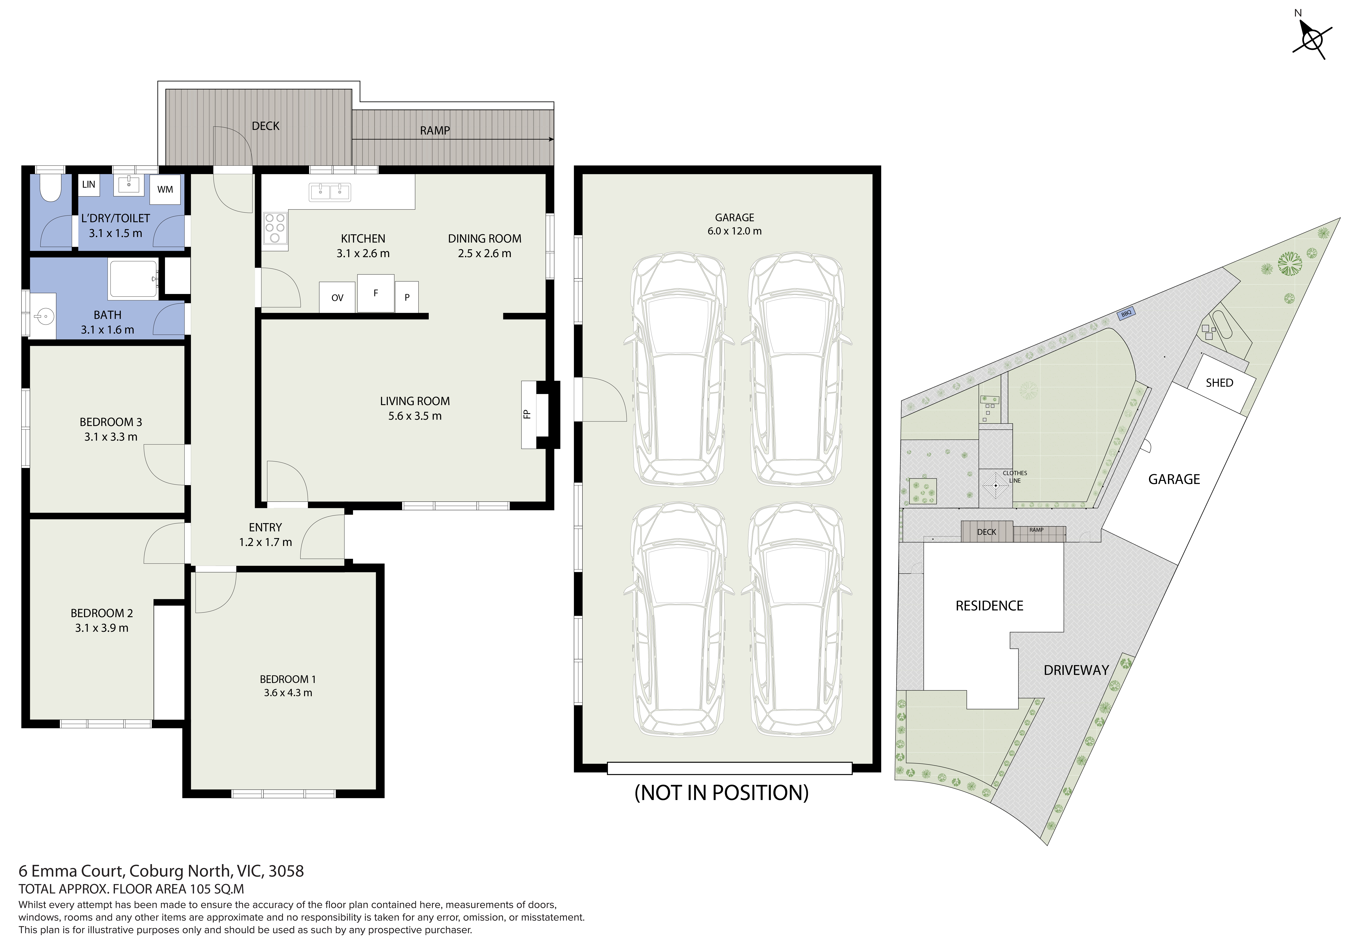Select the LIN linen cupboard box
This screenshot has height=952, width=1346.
click(x=88, y=184)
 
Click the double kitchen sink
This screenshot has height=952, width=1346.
click(x=329, y=191)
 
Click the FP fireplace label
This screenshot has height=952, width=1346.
click(x=526, y=414)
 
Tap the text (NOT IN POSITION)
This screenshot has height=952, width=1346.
click(x=722, y=793)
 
